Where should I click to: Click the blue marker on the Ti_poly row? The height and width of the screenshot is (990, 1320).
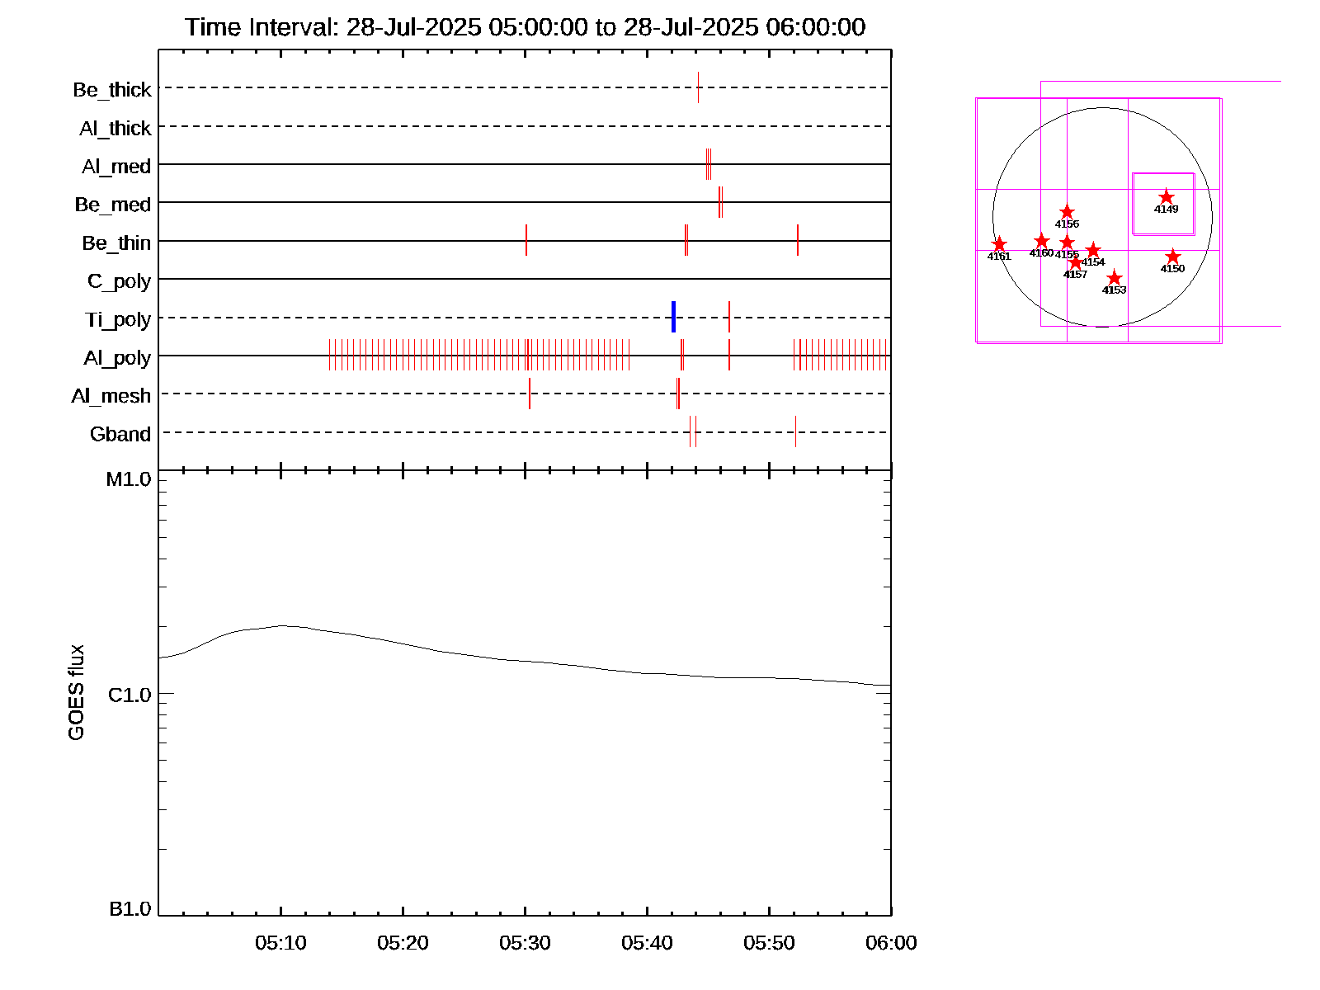[x=674, y=318]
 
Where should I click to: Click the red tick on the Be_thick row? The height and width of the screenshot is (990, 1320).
[x=698, y=87]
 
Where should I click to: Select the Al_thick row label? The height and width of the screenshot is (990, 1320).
[x=115, y=128]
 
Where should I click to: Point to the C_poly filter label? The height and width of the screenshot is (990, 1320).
[x=120, y=281]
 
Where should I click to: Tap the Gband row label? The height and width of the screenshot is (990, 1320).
[x=120, y=434]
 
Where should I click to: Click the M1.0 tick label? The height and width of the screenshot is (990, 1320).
[x=129, y=479]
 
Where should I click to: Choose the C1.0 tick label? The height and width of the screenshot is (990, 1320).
[x=130, y=695]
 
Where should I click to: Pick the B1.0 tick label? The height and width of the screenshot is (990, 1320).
[x=130, y=909]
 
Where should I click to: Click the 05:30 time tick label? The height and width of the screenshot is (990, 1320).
[x=525, y=943]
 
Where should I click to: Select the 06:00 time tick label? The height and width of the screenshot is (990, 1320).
[x=891, y=943]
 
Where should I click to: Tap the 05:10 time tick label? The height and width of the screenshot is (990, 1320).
[x=280, y=943]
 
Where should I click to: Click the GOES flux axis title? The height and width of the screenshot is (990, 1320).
[x=76, y=692]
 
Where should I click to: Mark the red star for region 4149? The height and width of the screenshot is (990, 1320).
[x=1167, y=197]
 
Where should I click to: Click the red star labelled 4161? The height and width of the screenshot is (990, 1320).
[x=999, y=244]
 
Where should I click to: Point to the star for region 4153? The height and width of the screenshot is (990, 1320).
[x=1115, y=277]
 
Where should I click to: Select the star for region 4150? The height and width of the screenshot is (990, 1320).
[x=1173, y=257]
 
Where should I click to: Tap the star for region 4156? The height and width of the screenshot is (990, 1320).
[x=1067, y=212]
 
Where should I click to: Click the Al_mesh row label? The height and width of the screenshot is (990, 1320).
[x=111, y=396]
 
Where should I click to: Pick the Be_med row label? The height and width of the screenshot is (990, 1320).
[x=113, y=205]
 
